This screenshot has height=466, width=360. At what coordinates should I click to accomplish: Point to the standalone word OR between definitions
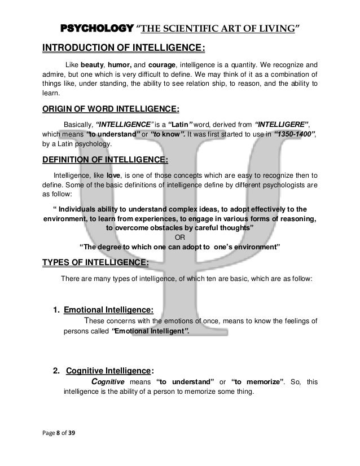[180, 237]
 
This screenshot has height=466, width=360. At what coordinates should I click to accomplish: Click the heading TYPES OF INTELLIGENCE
[96, 262]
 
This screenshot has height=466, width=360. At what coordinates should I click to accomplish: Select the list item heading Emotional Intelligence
[109, 310]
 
